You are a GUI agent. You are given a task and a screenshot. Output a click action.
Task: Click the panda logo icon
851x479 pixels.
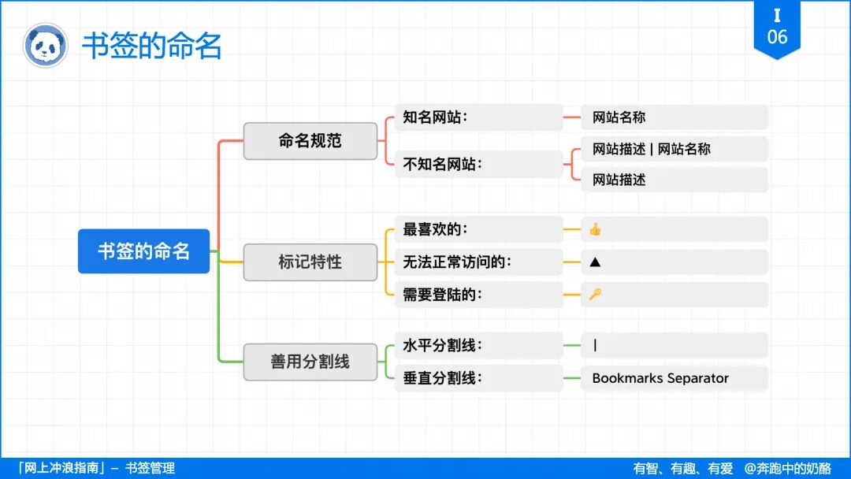pyautogui.click(x=46, y=45)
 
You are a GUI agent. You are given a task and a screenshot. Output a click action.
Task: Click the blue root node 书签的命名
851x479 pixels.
pyautogui.click(x=143, y=251)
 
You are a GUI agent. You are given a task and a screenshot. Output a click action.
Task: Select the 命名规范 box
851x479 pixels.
pyautogui.click(x=310, y=141)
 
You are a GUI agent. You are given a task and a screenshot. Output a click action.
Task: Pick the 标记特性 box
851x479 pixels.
pyautogui.click(x=310, y=262)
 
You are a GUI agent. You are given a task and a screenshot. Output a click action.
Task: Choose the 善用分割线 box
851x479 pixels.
pyautogui.click(x=310, y=362)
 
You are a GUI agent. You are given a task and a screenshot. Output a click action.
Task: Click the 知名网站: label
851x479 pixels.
pyautogui.click(x=435, y=117)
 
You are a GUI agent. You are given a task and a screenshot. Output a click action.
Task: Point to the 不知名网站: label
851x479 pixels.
pyautogui.click(x=442, y=164)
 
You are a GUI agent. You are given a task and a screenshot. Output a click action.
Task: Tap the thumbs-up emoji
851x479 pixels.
pyautogui.click(x=595, y=229)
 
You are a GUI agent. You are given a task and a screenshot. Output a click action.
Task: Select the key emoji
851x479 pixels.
pyautogui.click(x=595, y=295)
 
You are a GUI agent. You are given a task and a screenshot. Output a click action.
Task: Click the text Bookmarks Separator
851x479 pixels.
pyautogui.click(x=660, y=378)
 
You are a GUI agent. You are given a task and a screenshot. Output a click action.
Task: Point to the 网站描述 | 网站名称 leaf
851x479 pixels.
pyautogui.click(x=651, y=149)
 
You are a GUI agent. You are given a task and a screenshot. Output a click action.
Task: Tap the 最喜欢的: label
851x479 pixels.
pyautogui.click(x=435, y=229)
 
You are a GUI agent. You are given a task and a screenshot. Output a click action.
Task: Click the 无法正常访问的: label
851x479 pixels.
pyautogui.click(x=457, y=262)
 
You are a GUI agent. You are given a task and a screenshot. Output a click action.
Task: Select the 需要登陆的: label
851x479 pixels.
pyautogui.click(x=442, y=295)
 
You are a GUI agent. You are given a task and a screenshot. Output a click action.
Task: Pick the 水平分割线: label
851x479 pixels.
pyautogui.click(x=442, y=345)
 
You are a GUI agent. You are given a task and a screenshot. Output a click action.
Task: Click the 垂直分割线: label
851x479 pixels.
pyautogui.click(x=442, y=378)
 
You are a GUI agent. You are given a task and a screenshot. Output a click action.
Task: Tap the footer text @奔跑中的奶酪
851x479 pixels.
pyautogui.click(x=787, y=469)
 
